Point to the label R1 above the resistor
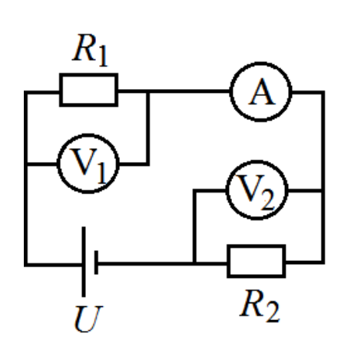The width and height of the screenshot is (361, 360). [91, 50]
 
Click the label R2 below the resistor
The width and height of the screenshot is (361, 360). [260, 306]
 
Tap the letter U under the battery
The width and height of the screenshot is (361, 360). [88, 319]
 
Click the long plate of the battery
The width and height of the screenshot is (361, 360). [84, 262]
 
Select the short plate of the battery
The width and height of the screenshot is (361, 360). [96, 263]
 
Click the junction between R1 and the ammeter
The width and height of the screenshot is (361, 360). [147, 91]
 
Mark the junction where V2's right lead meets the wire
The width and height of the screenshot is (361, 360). [323, 190]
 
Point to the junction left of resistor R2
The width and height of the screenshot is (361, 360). [194, 263]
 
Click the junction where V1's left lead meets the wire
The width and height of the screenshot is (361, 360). [26, 163]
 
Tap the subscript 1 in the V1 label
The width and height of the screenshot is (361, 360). [101, 174]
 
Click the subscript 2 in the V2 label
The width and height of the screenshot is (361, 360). [267, 201]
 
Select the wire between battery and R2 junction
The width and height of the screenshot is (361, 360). [145, 263]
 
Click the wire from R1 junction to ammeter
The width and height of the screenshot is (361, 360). [190, 91]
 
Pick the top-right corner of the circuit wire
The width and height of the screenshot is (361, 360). [323, 91]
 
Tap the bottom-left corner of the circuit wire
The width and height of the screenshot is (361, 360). [26, 265]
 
